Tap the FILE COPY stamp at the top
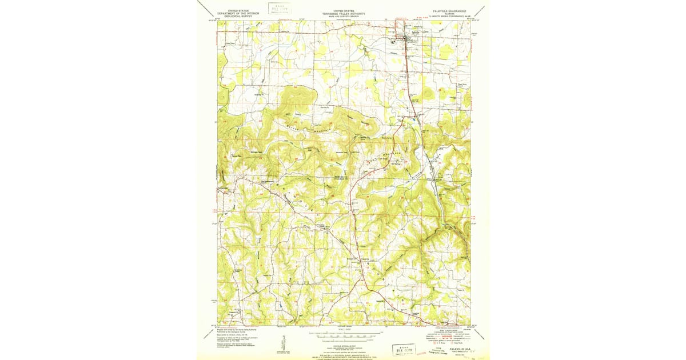[x=280, y=8]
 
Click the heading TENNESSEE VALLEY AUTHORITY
[x=343, y=14]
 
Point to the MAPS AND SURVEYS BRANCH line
[x=343, y=17]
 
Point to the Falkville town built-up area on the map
[x=407, y=38]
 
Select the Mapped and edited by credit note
[x=234, y=330]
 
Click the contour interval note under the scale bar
[x=343, y=341]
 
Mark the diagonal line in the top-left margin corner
[x=202, y=7]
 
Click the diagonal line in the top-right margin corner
[x=484, y=7]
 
